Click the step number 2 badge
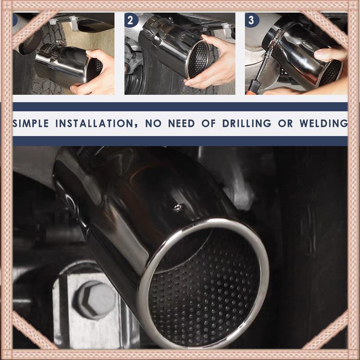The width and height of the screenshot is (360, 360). pyautogui.click(x=131, y=20)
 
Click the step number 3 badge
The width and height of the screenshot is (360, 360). pyautogui.click(x=252, y=20)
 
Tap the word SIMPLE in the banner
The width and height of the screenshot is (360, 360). pyautogui.click(x=30, y=123)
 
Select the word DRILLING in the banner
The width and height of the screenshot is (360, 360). pyautogui.click(x=247, y=123)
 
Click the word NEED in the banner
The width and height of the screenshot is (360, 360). pyautogui.click(x=181, y=123)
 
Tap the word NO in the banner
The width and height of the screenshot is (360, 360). pyautogui.click(x=153, y=123)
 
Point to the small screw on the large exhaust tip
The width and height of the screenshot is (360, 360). pyautogui.click(x=177, y=208)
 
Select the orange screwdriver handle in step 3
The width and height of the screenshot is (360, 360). pyautogui.click(x=252, y=87)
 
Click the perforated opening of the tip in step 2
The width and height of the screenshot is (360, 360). pyautogui.click(x=198, y=59)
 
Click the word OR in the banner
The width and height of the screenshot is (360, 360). pyautogui.click(x=285, y=123)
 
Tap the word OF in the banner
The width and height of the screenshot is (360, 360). pyautogui.click(x=208, y=123)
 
